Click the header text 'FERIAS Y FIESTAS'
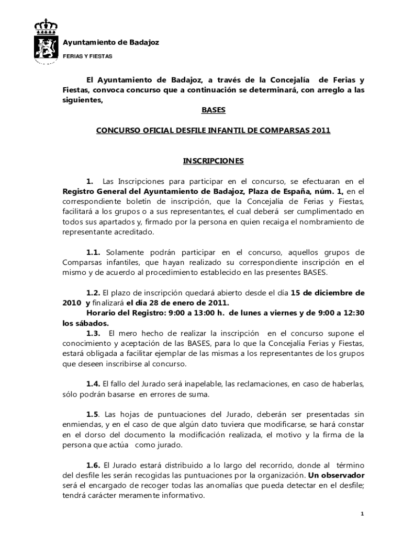tap(87, 56)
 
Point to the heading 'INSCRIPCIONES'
tap(212, 161)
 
